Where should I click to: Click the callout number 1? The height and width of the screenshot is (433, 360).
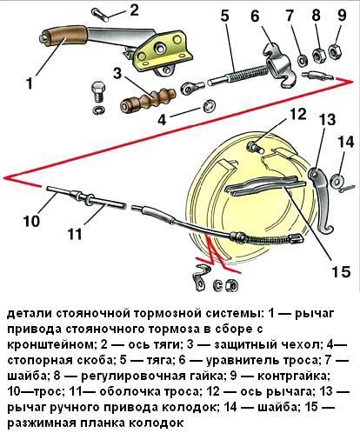[29, 84]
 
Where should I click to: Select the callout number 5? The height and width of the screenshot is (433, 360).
[224, 15]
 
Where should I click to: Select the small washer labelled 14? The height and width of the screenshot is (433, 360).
[338, 180]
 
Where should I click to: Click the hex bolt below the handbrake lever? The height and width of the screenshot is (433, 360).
[98, 90]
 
